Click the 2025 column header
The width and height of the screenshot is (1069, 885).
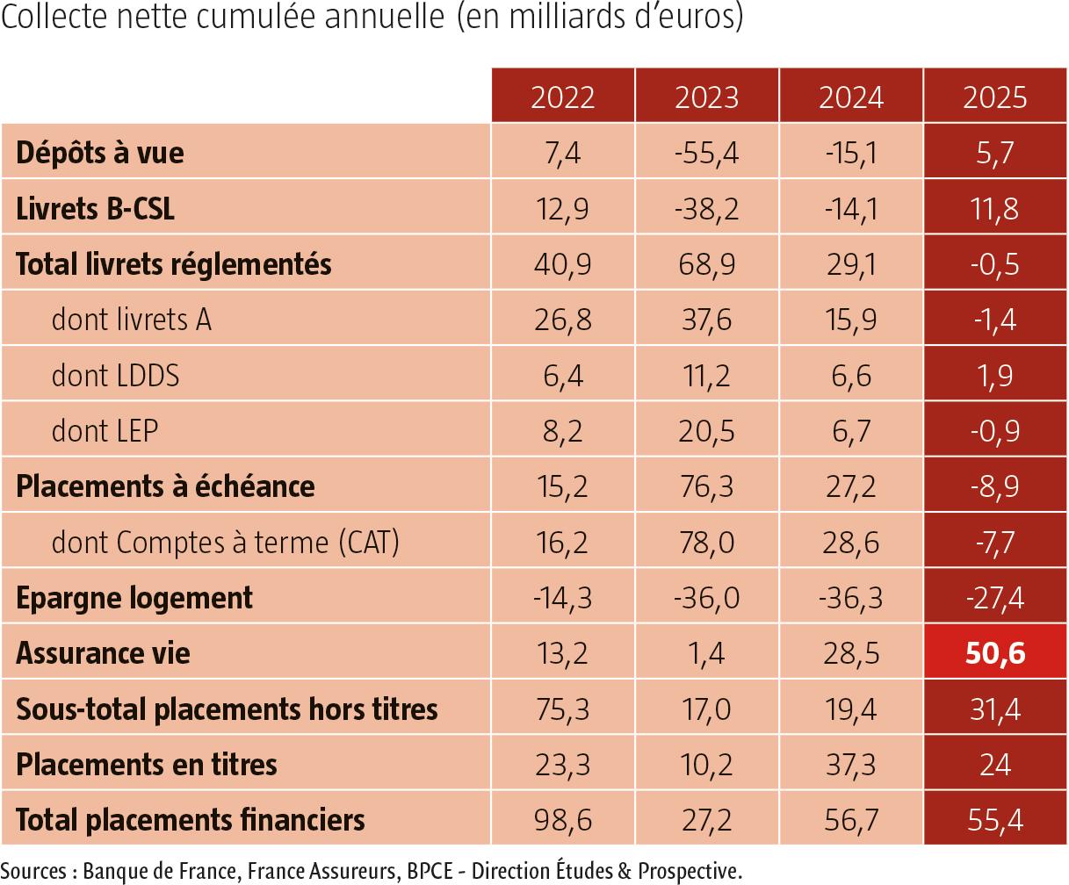coord(995,97)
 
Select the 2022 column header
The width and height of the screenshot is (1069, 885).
coord(563,97)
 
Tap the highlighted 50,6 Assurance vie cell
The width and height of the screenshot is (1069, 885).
coord(995,653)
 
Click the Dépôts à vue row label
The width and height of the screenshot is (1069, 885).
coord(100,153)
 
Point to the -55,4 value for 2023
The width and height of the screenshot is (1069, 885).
coord(706,153)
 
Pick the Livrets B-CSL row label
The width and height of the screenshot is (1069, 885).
coord(96,209)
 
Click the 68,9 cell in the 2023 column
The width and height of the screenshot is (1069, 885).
coord(706,264)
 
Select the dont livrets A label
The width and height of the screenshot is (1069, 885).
coord(132,320)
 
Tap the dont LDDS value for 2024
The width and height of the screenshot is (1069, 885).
coord(850,376)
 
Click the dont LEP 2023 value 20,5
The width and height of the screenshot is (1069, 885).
coord(706,431)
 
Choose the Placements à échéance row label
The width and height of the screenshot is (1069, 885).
coord(165,486)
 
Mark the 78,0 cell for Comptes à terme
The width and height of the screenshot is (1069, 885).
coord(706,543)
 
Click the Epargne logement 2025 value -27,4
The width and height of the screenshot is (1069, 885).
coord(995,598)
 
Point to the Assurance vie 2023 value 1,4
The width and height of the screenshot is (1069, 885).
coord(706,653)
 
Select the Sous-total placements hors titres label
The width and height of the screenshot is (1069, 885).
coord(227,709)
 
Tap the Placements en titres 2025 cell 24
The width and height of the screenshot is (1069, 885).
coord(995,765)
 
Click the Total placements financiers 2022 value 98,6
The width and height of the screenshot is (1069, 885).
coord(563,820)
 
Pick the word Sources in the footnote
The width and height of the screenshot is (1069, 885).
coord(33,871)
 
